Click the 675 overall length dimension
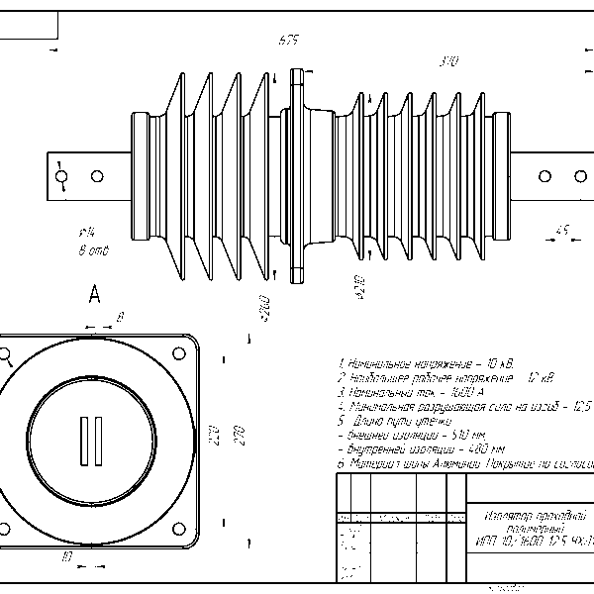288,41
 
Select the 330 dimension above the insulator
447,61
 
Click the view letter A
95,294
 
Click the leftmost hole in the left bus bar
61,177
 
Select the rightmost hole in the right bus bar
578,177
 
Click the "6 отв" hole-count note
93,251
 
